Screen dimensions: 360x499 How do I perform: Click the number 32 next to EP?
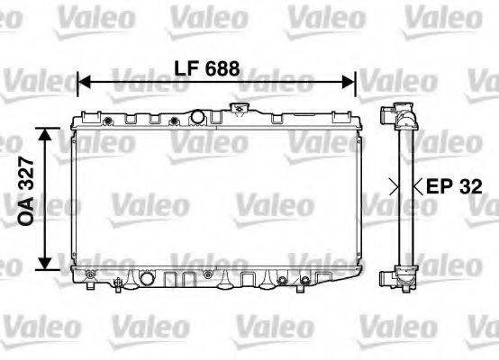470,187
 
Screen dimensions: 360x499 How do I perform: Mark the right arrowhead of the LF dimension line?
353,83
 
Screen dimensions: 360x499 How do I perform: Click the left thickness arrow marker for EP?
393,187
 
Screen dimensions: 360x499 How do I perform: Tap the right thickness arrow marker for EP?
416,187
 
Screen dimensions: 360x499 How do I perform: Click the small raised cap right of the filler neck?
239,111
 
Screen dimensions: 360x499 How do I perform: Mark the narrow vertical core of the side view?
404,193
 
